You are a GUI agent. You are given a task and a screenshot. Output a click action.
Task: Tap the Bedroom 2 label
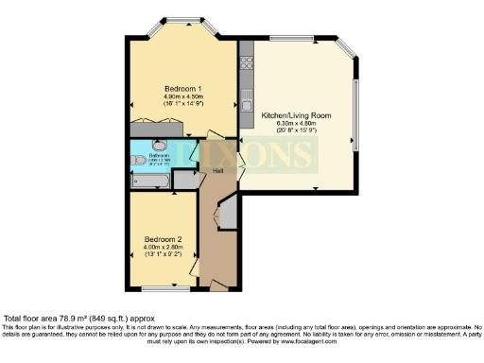pos(163,238)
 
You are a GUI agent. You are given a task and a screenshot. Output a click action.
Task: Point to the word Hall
pos(217,171)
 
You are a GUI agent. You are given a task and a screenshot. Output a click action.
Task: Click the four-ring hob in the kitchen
pos(245,64)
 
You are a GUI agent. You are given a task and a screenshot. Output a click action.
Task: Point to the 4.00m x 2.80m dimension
pos(163,247)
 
